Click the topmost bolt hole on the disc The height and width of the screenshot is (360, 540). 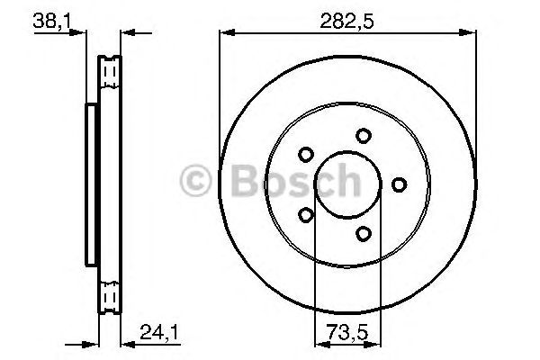coord(363,136)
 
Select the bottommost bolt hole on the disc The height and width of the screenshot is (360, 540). coord(363,234)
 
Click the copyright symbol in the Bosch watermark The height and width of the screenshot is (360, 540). coord(196,183)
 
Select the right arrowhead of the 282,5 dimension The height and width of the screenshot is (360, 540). coord(469,34)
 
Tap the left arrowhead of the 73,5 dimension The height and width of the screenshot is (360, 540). coord(318,342)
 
